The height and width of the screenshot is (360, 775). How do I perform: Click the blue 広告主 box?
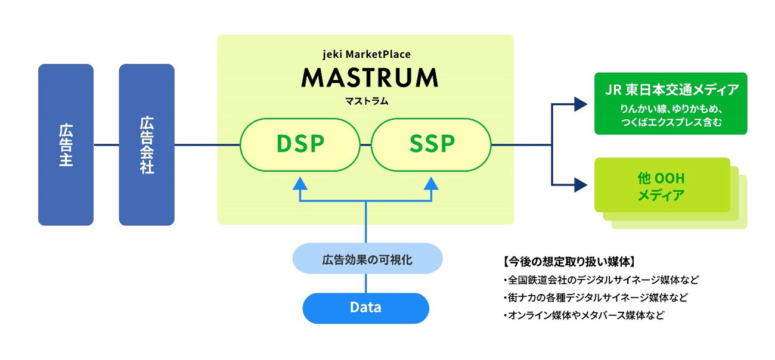pyautogui.click(x=66, y=145)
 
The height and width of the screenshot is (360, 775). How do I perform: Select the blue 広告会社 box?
pyautogui.click(x=147, y=145)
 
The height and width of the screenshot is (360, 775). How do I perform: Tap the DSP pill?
pyautogui.click(x=300, y=144)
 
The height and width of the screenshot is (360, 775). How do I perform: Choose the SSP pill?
pyautogui.click(x=432, y=144)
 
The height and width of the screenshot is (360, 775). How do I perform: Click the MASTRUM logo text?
pyautogui.click(x=370, y=77)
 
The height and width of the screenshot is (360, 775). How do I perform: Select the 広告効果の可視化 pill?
pyautogui.click(x=367, y=259)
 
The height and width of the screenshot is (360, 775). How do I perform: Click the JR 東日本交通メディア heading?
pyautogui.click(x=670, y=90)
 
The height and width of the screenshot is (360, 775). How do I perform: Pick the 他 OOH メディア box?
pyautogui.click(x=662, y=185)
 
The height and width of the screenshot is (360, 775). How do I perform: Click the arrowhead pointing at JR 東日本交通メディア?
pyautogui.click(x=581, y=104)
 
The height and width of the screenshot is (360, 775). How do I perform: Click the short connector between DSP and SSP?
pyautogui.click(x=365, y=144)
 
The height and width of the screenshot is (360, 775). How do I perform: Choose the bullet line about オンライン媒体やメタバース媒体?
pyautogui.click(x=584, y=315)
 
